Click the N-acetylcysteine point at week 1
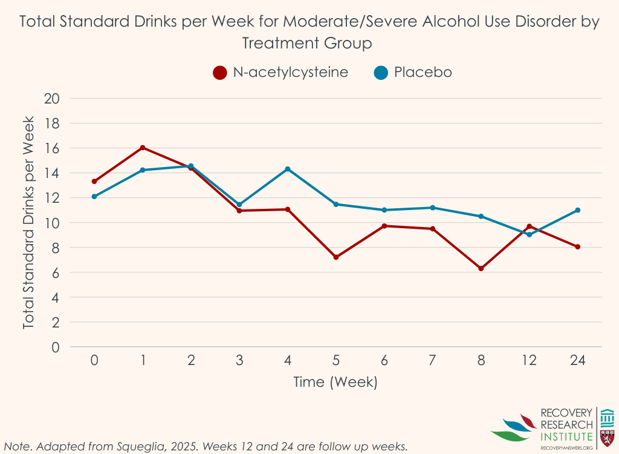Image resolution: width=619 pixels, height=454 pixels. pyautogui.click(x=143, y=148)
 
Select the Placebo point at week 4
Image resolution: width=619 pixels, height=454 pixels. pyautogui.click(x=288, y=169)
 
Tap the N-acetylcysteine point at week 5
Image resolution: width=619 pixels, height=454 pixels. pyautogui.click(x=336, y=257)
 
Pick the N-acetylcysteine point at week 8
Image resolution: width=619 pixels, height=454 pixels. pyautogui.click(x=481, y=268)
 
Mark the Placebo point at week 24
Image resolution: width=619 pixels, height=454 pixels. pyautogui.click(x=578, y=210)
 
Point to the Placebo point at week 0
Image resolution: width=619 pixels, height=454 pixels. pyautogui.click(x=94, y=196)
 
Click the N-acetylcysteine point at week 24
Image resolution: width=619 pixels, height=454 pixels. pyautogui.click(x=578, y=246)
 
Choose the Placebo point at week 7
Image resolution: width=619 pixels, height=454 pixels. pyautogui.click(x=433, y=208)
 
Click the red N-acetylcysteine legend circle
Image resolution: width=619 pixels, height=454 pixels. pyautogui.click(x=219, y=73)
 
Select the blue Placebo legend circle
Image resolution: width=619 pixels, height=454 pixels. pyautogui.click(x=380, y=73)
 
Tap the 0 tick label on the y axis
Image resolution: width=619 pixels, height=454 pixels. pyautogui.click(x=57, y=347)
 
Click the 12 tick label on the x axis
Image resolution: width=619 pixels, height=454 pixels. pyautogui.click(x=530, y=360)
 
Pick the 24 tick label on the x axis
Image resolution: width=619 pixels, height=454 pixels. pyautogui.click(x=578, y=360)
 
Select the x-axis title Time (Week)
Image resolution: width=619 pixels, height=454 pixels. pyautogui.click(x=335, y=382)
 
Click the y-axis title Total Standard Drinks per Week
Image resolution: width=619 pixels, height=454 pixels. pyautogui.click(x=29, y=223)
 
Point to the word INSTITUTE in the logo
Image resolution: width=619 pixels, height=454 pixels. pyautogui.click(x=566, y=436)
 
